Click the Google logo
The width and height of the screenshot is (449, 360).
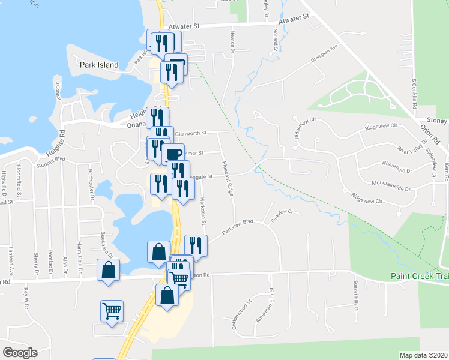tap(20, 353)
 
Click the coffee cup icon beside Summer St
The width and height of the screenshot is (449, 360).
tap(173, 154)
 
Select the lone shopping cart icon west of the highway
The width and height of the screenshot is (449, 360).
tap(112, 311)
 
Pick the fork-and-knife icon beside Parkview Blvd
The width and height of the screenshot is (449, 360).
tap(196, 245)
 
